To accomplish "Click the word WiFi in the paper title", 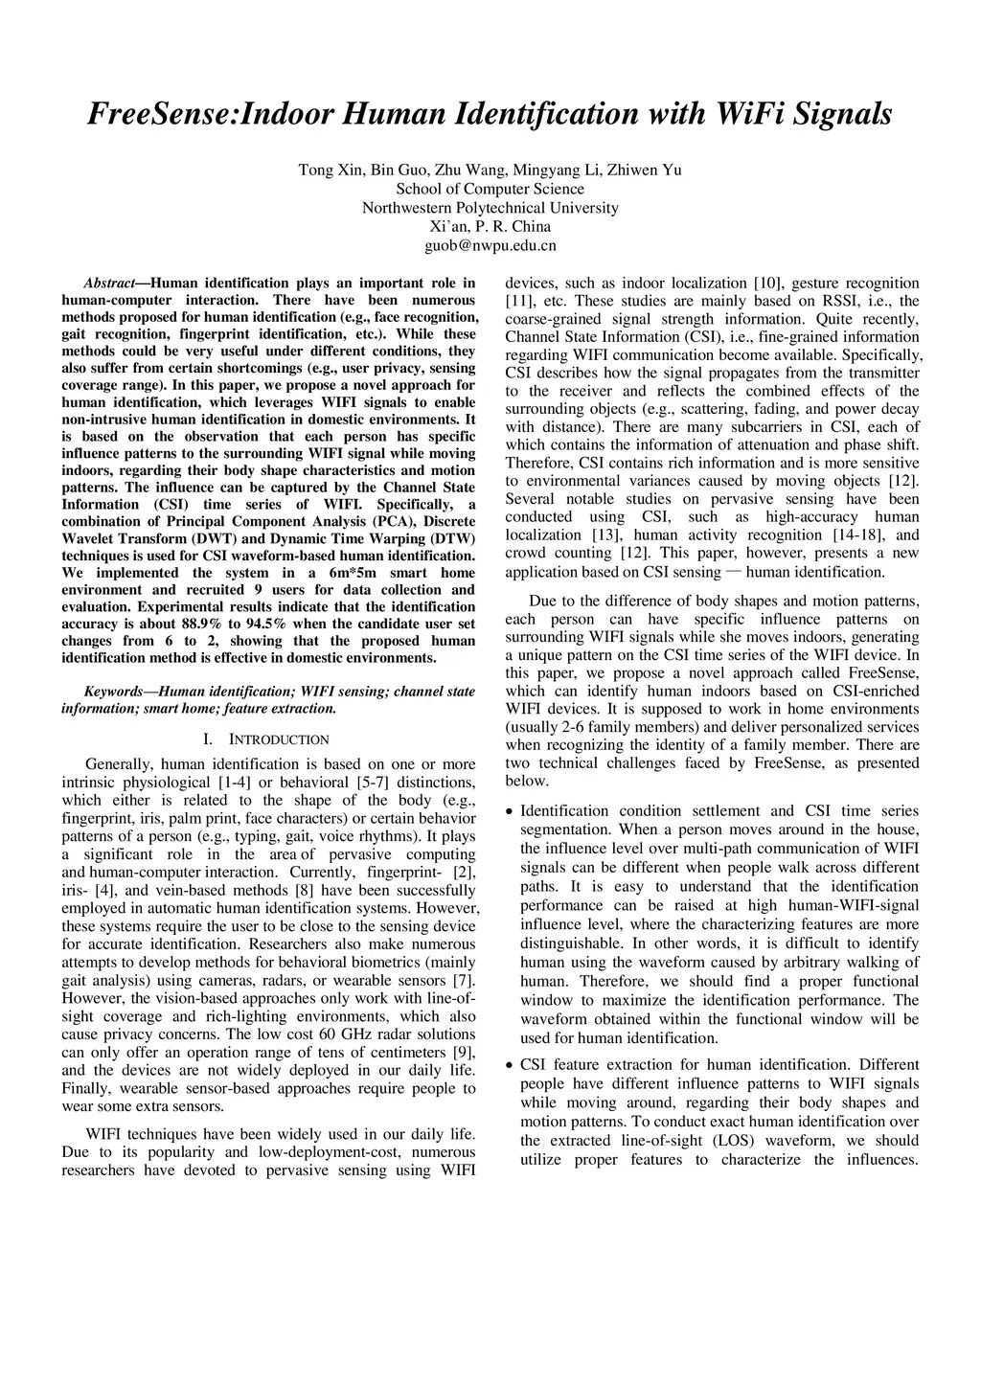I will pos(746,114).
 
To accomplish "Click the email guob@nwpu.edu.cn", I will pos(490,245).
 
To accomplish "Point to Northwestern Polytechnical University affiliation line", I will pos(490,208).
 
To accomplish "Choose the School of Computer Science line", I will pos(490,189).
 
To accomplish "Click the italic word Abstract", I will pos(109,283).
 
